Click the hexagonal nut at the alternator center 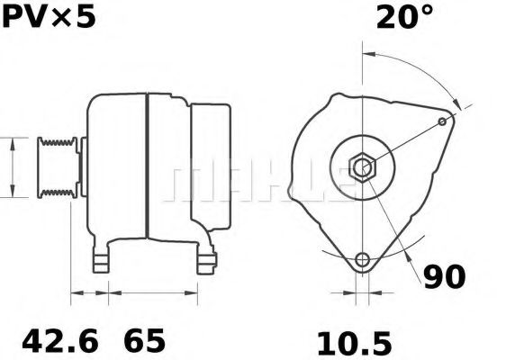[x=362, y=166]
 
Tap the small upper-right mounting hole [x=442, y=121]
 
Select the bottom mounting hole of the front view [x=362, y=261]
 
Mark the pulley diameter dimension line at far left [x=12, y=167]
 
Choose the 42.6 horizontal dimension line [x=90, y=292]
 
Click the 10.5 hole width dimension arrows [x=362, y=292]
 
